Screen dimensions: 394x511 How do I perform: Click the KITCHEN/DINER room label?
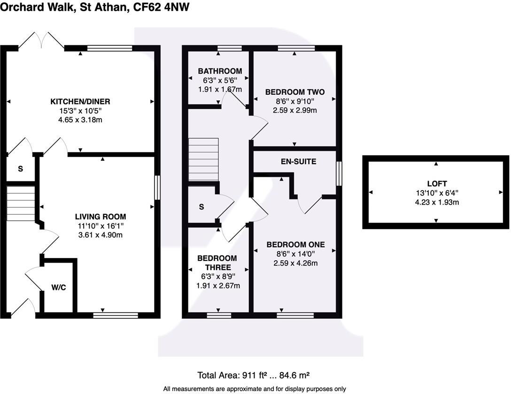(x=80, y=102)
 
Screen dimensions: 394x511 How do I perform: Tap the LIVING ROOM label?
(x=101, y=217)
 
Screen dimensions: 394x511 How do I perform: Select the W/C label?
(x=59, y=288)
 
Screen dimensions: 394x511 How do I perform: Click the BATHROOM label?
(x=219, y=71)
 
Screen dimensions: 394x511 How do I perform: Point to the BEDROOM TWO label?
(x=294, y=91)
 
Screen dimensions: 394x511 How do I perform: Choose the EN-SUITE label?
(x=298, y=162)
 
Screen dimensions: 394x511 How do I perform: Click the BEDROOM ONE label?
(x=295, y=244)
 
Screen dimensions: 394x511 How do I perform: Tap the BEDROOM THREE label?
(x=217, y=263)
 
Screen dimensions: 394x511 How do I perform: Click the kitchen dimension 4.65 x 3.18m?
(x=80, y=120)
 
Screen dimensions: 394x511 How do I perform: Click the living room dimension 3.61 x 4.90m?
(x=101, y=235)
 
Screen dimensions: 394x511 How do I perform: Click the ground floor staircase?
(x=21, y=203)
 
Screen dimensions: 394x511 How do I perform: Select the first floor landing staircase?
(x=203, y=159)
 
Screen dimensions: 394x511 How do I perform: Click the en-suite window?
(x=339, y=173)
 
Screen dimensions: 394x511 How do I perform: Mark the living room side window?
(x=157, y=187)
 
